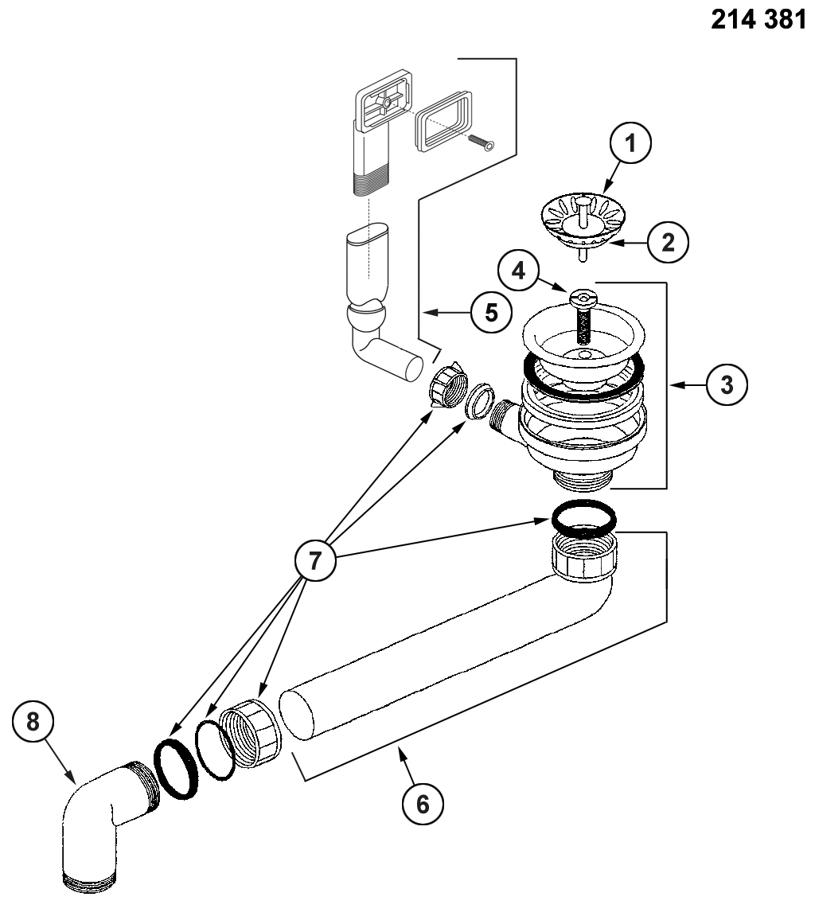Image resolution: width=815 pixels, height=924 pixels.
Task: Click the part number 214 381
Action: (x=758, y=19)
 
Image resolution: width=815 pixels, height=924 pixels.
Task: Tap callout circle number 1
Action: (x=630, y=143)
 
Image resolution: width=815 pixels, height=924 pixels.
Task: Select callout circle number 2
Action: (x=669, y=242)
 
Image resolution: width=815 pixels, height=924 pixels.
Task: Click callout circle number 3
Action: (x=727, y=384)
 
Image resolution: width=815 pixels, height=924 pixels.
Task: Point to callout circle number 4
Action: (x=519, y=271)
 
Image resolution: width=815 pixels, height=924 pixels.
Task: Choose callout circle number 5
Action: (x=492, y=312)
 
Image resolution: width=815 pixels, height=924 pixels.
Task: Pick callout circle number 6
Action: (x=423, y=804)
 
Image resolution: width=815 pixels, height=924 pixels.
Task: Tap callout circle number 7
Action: (x=315, y=559)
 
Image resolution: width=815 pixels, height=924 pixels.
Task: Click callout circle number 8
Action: (x=33, y=721)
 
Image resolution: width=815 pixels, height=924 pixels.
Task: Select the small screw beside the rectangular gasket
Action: (x=482, y=142)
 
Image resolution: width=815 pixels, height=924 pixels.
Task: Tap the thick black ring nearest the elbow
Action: (x=176, y=770)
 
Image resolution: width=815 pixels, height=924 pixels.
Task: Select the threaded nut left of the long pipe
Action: (x=252, y=732)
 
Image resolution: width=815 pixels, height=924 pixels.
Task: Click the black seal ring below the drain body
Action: (x=584, y=517)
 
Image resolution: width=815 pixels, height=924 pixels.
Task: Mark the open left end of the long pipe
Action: (x=296, y=715)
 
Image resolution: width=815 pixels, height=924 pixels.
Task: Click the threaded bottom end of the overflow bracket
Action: (x=369, y=182)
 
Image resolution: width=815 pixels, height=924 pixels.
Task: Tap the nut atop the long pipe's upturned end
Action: (x=585, y=556)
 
